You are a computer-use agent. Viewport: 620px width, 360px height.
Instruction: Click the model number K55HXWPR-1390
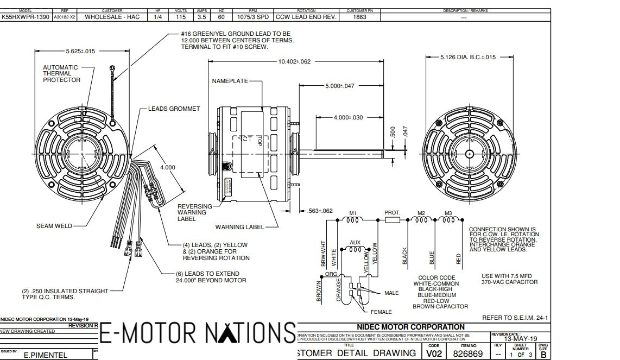click(26, 17)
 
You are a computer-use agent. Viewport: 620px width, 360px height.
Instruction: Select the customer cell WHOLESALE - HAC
click(112, 17)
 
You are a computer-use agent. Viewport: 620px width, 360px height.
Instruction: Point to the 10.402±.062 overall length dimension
click(294, 62)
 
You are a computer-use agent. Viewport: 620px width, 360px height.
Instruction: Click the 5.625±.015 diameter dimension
click(80, 51)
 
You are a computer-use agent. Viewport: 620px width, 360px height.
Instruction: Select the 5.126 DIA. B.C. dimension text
click(468, 57)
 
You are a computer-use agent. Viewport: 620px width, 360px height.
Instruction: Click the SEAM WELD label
click(54, 226)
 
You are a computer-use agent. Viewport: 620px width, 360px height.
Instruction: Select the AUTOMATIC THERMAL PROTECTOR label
click(61, 74)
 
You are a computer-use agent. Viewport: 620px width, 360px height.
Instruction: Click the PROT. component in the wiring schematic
click(392, 220)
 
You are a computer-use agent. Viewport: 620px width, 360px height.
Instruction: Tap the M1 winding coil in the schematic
click(352, 220)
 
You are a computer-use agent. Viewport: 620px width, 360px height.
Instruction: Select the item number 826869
click(467, 353)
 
